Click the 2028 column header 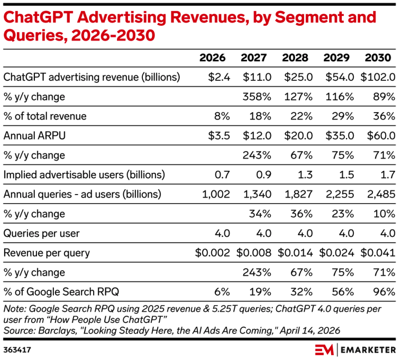click(295, 58)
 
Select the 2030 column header click(378, 58)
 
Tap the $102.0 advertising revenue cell click(378, 77)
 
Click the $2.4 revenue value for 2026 click(219, 77)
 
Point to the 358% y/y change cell click(257, 97)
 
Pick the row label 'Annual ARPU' click(34, 136)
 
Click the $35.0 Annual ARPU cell click(340, 136)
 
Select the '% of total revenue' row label click(45, 116)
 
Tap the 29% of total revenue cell click(343, 116)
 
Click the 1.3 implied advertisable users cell click(305, 175)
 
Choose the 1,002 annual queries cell click(216, 195)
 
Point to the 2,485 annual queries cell click(381, 195)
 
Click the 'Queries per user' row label click(41, 234)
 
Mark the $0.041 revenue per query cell click(378, 253)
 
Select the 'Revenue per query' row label click(47, 253)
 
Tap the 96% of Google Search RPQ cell click(384, 292)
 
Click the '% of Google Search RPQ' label click(61, 292)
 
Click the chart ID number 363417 click(17, 350)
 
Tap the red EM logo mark click(324, 350)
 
